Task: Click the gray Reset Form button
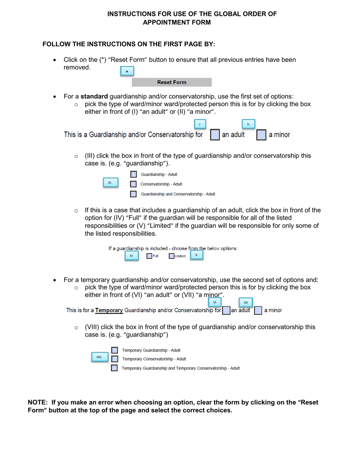click(x=172, y=82)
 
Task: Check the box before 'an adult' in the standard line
click(x=214, y=135)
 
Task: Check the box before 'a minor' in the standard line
click(x=261, y=135)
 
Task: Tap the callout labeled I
click(x=200, y=124)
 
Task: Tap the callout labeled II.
click(x=248, y=124)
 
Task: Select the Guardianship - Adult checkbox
click(x=133, y=175)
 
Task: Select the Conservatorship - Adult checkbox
click(x=133, y=184)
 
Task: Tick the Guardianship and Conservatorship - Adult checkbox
click(x=133, y=194)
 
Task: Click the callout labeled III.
click(x=110, y=183)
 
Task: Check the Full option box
click(x=150, y=256)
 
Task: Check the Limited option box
click(x=172, y=256)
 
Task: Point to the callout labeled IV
click(x=131, y=256)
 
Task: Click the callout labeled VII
click(x=246, y=302)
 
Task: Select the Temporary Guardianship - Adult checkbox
click(x=114, y=350)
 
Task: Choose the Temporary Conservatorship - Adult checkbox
click(x=114, y=359)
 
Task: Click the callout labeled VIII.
click(x=99, y=357)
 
